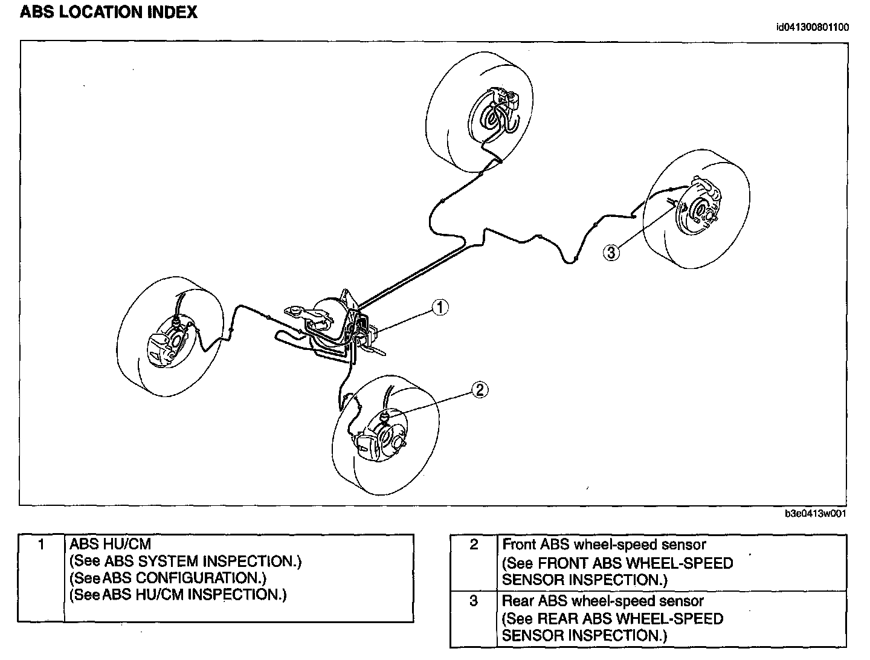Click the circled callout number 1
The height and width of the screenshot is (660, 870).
440,308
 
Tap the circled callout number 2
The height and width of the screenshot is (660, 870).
479,390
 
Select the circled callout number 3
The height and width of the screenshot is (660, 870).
611,252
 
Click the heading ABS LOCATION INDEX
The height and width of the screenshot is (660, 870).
109,13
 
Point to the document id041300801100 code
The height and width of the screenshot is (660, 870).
813,27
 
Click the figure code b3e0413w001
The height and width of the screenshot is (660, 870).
815,514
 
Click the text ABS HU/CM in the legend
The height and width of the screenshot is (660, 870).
111,544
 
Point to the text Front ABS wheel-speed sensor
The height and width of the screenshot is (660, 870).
604,545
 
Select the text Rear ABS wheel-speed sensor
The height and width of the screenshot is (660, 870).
603,601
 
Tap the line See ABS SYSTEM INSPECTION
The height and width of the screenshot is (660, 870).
185,561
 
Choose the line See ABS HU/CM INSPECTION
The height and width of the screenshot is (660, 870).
178,595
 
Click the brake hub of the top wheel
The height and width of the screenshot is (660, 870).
493,118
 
